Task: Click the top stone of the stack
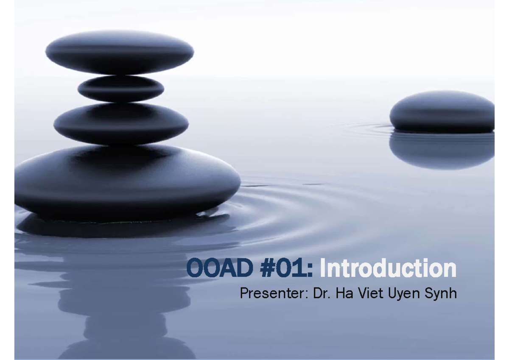[x=120, y=52]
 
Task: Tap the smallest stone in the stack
[x=121, y=89]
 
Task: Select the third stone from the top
[x=121, y=123]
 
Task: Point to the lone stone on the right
[x=442, y=111]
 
